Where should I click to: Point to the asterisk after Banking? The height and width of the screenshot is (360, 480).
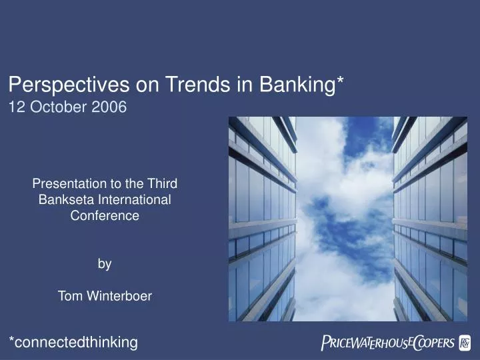click(x=340, y=81)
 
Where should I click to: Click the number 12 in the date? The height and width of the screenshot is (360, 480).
click(x=15, y=106)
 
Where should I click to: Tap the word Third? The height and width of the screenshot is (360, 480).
click(x=163, y=183)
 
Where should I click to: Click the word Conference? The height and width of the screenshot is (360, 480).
click(x=105, y=215)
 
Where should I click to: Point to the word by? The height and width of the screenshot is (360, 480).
click(x=105, y=264)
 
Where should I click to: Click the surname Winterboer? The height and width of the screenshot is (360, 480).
click(x=119, y=296)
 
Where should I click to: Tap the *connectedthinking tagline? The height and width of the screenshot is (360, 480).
click(x=73, y=342)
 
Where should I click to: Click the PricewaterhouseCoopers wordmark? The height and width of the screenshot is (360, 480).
click(x=388, y=343)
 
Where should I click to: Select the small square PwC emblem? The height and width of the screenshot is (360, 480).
click(x=465, y=343)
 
